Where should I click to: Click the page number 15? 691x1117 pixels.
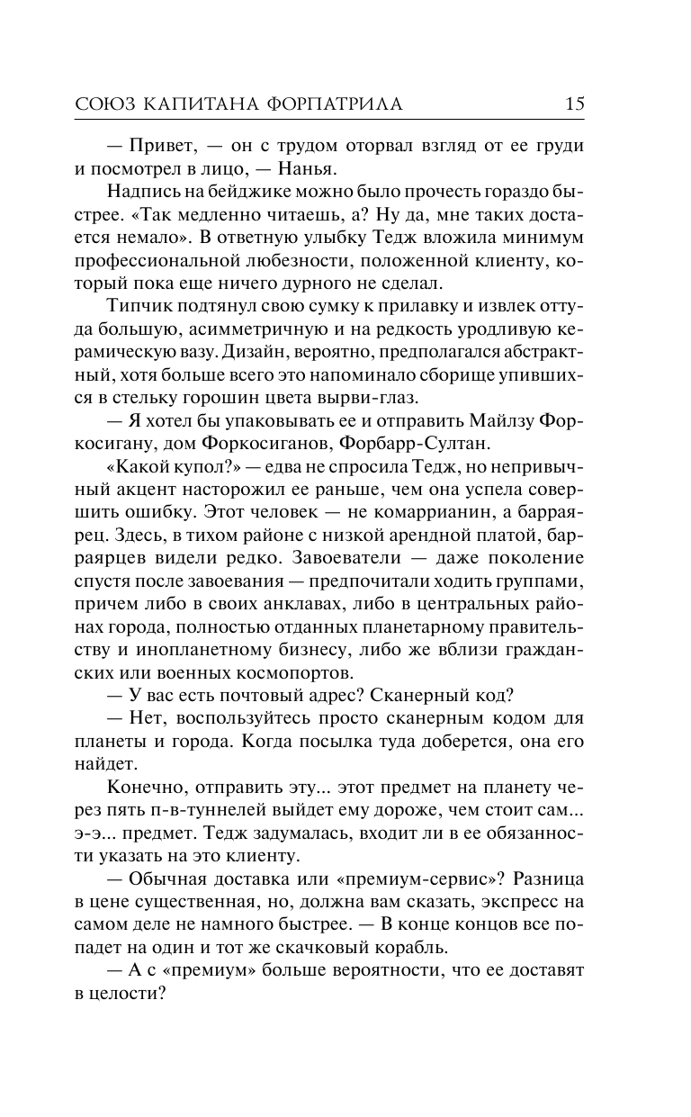click(x=574, y=104)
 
